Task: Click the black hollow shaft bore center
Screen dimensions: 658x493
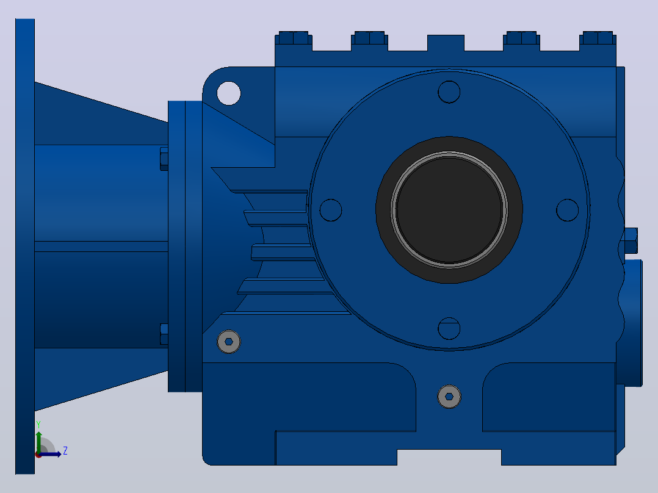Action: (449, 210)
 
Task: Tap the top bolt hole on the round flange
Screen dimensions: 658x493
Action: (449, 92)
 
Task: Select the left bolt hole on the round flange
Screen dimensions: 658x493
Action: (331, 210)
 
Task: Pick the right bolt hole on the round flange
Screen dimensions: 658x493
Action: (568, 210)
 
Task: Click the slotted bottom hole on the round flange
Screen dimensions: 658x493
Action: (449, 328)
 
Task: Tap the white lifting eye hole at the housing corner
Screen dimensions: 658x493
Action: (229, 93)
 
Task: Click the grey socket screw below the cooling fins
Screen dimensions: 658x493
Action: (229, 342)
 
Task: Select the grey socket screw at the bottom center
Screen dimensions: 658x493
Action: (449, 397)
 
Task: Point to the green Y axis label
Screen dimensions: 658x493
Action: (38, 425)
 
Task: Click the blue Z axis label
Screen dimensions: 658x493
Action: (65, 451)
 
